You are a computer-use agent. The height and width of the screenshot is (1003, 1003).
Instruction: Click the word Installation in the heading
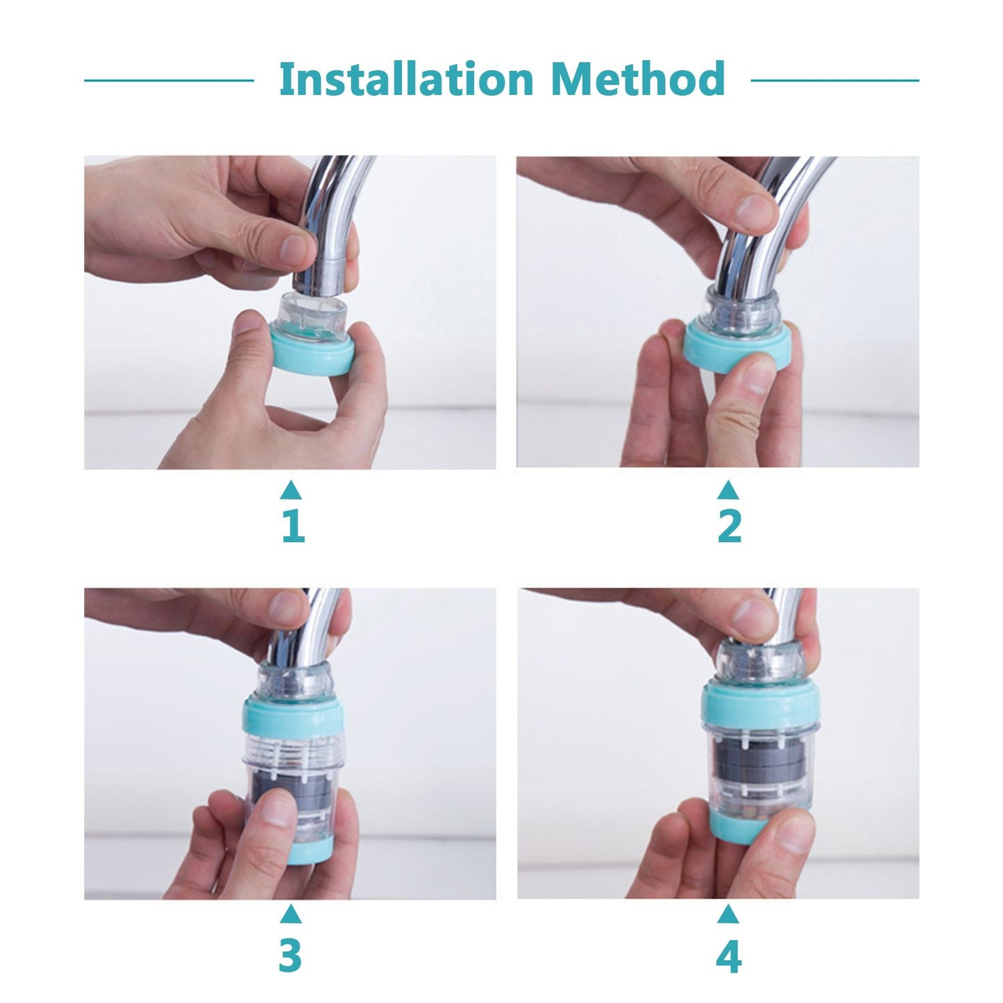(405, 79)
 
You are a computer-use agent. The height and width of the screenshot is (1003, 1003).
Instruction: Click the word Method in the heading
(637, 79)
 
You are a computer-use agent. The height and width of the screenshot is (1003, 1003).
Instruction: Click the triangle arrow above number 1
(291, 491)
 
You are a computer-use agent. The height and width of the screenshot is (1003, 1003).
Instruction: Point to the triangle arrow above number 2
(727, 491)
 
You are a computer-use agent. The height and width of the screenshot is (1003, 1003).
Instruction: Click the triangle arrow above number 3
(291, 916)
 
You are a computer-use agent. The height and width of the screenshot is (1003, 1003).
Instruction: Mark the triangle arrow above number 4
(727, 916)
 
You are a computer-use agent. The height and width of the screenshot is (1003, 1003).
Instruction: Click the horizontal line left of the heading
(169, 80)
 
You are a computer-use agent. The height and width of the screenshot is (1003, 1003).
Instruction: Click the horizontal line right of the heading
(835, 80)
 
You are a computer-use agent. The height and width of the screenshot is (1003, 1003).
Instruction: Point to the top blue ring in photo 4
(760, 705)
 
